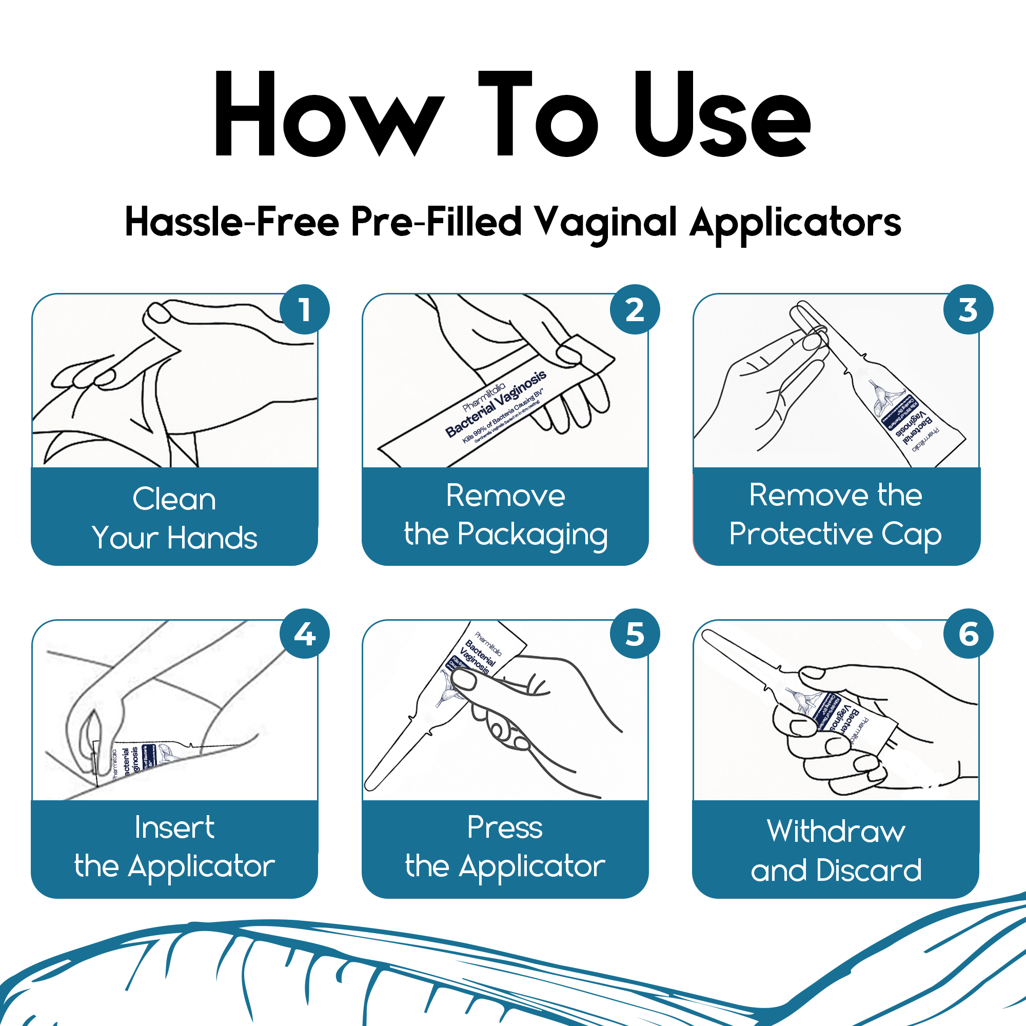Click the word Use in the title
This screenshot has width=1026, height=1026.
(722, 114)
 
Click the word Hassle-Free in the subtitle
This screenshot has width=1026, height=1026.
(231, 222)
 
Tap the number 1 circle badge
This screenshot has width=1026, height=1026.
(304, 310)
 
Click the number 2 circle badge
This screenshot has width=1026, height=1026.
(635, 310)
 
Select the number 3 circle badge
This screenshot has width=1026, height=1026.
(968, 310)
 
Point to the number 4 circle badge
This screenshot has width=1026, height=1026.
(304, 634)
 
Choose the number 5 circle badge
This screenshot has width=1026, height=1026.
(635, 634)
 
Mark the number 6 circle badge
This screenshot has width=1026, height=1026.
(968, 634)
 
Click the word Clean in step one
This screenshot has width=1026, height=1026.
(174, 499)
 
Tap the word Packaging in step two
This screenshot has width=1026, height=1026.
(532, 535)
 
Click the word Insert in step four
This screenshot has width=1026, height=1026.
(174, 827)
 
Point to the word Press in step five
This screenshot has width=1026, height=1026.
(505, 827)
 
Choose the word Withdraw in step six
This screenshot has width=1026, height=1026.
(836, 831)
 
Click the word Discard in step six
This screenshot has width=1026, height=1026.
(869, 871)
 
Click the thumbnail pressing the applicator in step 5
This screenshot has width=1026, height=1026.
(464, 680)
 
